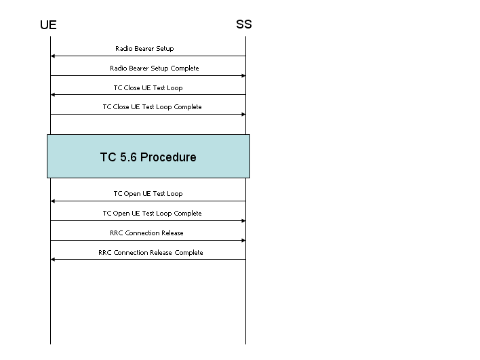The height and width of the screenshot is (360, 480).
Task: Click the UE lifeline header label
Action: point(48,25)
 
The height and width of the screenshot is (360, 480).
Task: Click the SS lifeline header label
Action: point(244,24)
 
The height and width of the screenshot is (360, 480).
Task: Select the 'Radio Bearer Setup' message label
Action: point(144,48)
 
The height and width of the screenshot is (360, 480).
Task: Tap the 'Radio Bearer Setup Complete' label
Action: point(155,68)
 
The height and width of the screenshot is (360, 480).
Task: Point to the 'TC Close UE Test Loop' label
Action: point(148,88)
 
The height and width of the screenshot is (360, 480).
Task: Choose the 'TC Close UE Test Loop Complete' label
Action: point(152,107)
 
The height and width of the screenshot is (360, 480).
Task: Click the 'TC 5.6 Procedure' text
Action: point(148,157)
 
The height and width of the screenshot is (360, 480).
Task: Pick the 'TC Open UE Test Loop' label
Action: point(148,193)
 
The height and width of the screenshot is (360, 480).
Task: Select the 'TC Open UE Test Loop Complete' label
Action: point(152,213)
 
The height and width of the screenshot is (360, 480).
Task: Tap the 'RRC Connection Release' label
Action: point(146,233)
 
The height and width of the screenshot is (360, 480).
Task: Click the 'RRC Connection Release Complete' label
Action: point(151,253)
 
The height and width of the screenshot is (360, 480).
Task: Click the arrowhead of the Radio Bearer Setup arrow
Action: point(53,56)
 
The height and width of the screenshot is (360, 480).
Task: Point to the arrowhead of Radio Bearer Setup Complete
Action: point(243,76)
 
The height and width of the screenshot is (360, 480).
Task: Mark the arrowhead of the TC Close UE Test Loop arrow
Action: point(53,95)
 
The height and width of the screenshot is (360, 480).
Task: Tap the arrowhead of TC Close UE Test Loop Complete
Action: point(243,114)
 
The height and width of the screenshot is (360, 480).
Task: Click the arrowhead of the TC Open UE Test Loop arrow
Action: point(53,201)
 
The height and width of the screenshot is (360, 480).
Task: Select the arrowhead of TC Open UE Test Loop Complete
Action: point(243,221)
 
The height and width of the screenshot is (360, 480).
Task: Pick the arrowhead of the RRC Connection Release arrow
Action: point(243,240)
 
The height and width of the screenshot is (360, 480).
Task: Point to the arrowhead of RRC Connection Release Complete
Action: point(53,259)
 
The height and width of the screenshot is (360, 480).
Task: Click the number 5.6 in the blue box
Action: point(128,157)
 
